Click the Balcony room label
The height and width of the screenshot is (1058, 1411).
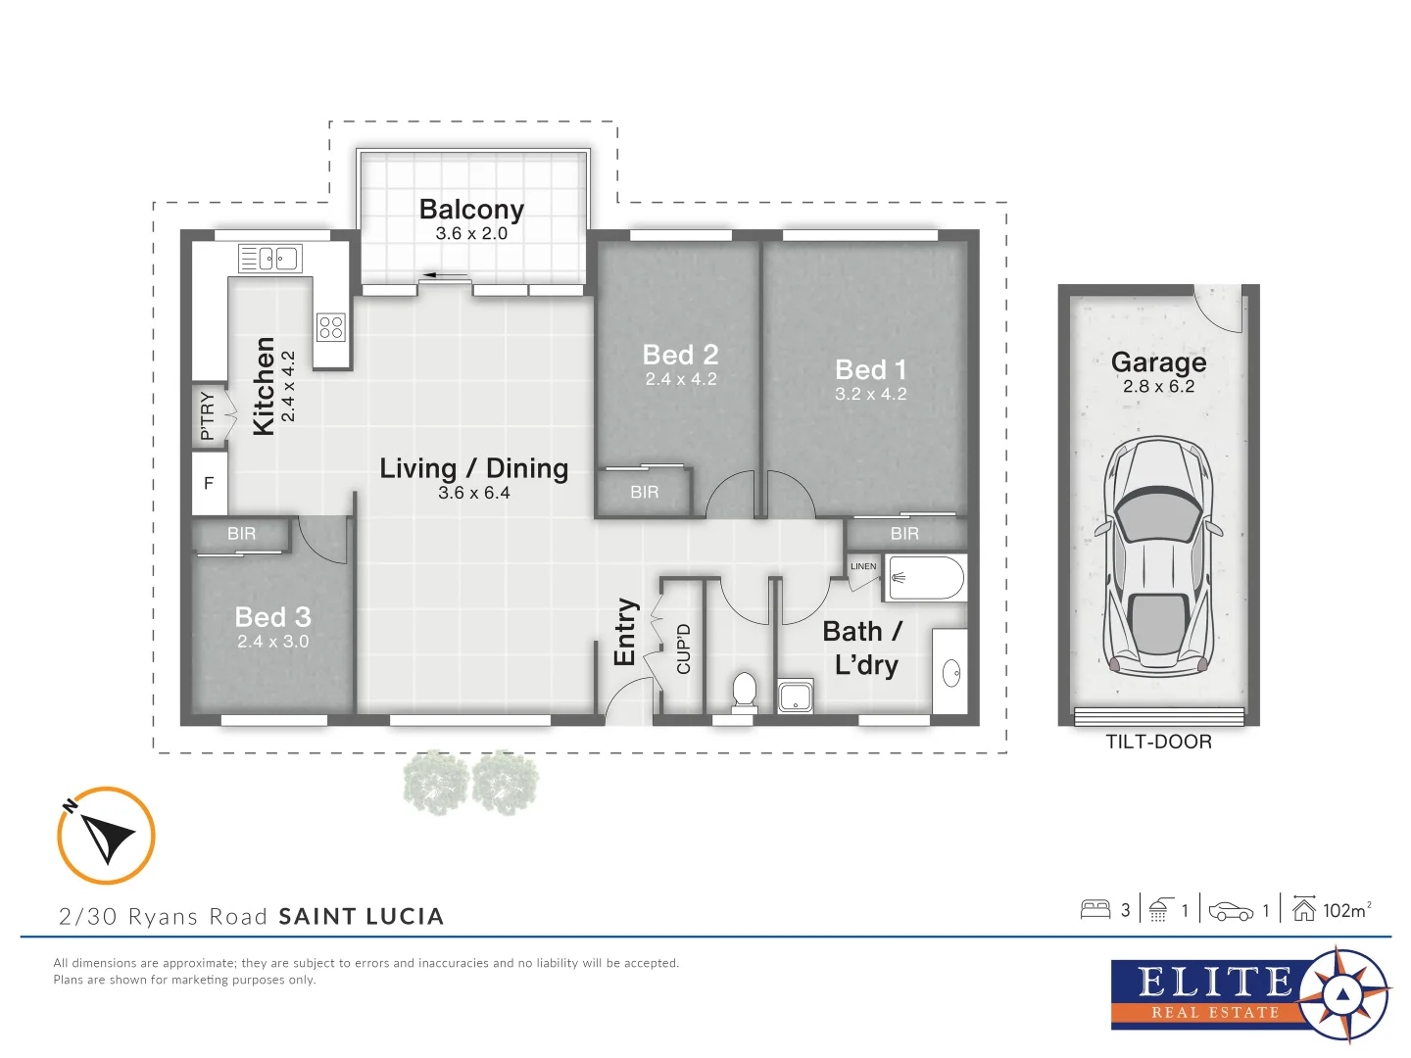tap(471, 210)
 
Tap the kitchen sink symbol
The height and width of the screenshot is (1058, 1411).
tap(270, 259)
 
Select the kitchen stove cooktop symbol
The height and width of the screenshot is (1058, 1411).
tap(331, 326)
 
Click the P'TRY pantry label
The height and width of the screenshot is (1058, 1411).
tap(208, 415)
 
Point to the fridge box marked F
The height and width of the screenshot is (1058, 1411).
tap(209, 483)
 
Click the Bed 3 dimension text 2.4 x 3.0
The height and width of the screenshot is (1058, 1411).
tap(272, 642)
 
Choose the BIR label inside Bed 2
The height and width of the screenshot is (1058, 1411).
tap(644, 493)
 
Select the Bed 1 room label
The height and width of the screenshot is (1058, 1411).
tap(870, 370)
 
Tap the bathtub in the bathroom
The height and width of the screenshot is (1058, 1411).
tap(925, 578)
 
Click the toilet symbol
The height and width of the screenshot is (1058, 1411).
tap(745, 690)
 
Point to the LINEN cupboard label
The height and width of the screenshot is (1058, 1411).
tap(863, 566)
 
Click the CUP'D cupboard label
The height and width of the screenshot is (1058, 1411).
tap(684, 649)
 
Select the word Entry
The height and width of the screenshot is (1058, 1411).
tap(625, 632)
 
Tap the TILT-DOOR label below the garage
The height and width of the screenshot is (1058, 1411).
tap(1158, 743)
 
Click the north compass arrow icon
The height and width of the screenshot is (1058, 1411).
tap(106, 836)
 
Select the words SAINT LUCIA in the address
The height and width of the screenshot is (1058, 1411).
tap(361, 917)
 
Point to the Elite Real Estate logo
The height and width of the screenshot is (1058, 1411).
tap(1249, 994)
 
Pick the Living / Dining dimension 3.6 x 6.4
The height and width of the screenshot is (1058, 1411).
tap(473, 493)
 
